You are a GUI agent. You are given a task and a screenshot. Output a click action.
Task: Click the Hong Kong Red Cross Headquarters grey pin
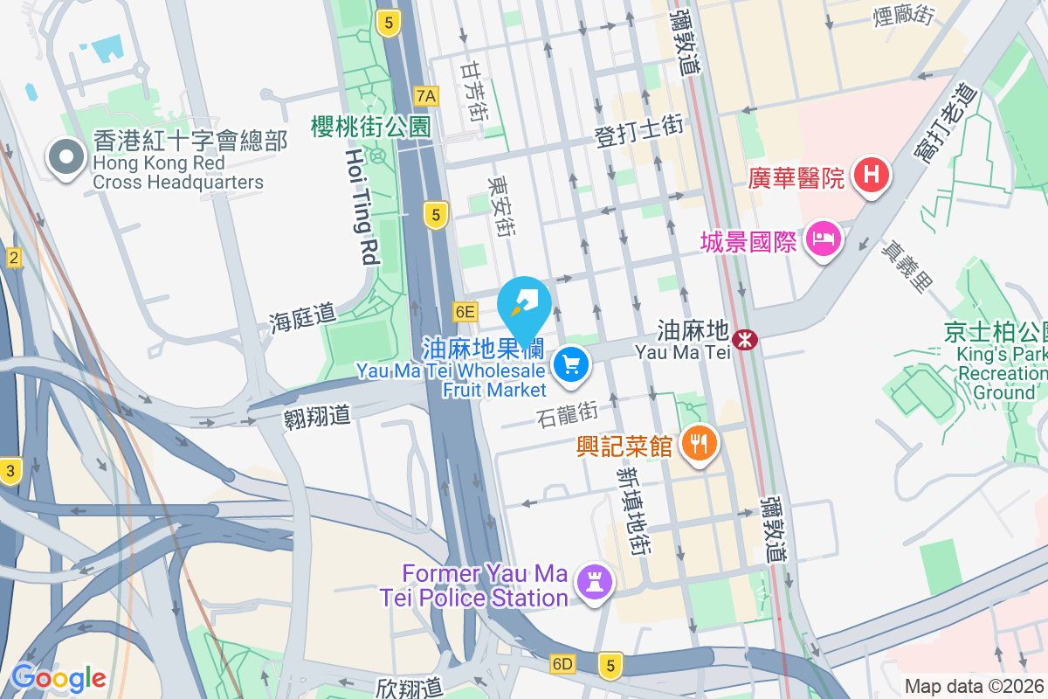coord(65,158)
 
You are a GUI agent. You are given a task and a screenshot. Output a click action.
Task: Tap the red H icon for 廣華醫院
coord(871,175)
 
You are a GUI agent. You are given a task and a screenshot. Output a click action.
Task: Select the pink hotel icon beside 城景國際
coord(823,239)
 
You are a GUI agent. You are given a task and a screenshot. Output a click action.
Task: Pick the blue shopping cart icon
coord(572,363)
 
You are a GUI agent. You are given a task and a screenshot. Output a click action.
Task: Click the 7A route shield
coord(426,95)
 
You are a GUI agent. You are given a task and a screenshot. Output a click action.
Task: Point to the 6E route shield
coord(465,311)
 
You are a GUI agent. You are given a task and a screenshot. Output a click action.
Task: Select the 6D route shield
coord(562,664)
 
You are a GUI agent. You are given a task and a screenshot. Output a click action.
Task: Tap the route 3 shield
coord(10,471)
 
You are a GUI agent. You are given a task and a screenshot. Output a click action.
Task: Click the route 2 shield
coord(13,258)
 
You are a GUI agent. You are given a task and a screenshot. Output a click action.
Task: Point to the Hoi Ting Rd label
coord(360,206)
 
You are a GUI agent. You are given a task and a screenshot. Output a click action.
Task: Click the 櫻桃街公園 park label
coord(371,126)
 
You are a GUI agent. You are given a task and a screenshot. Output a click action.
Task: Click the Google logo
coord(59,677)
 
